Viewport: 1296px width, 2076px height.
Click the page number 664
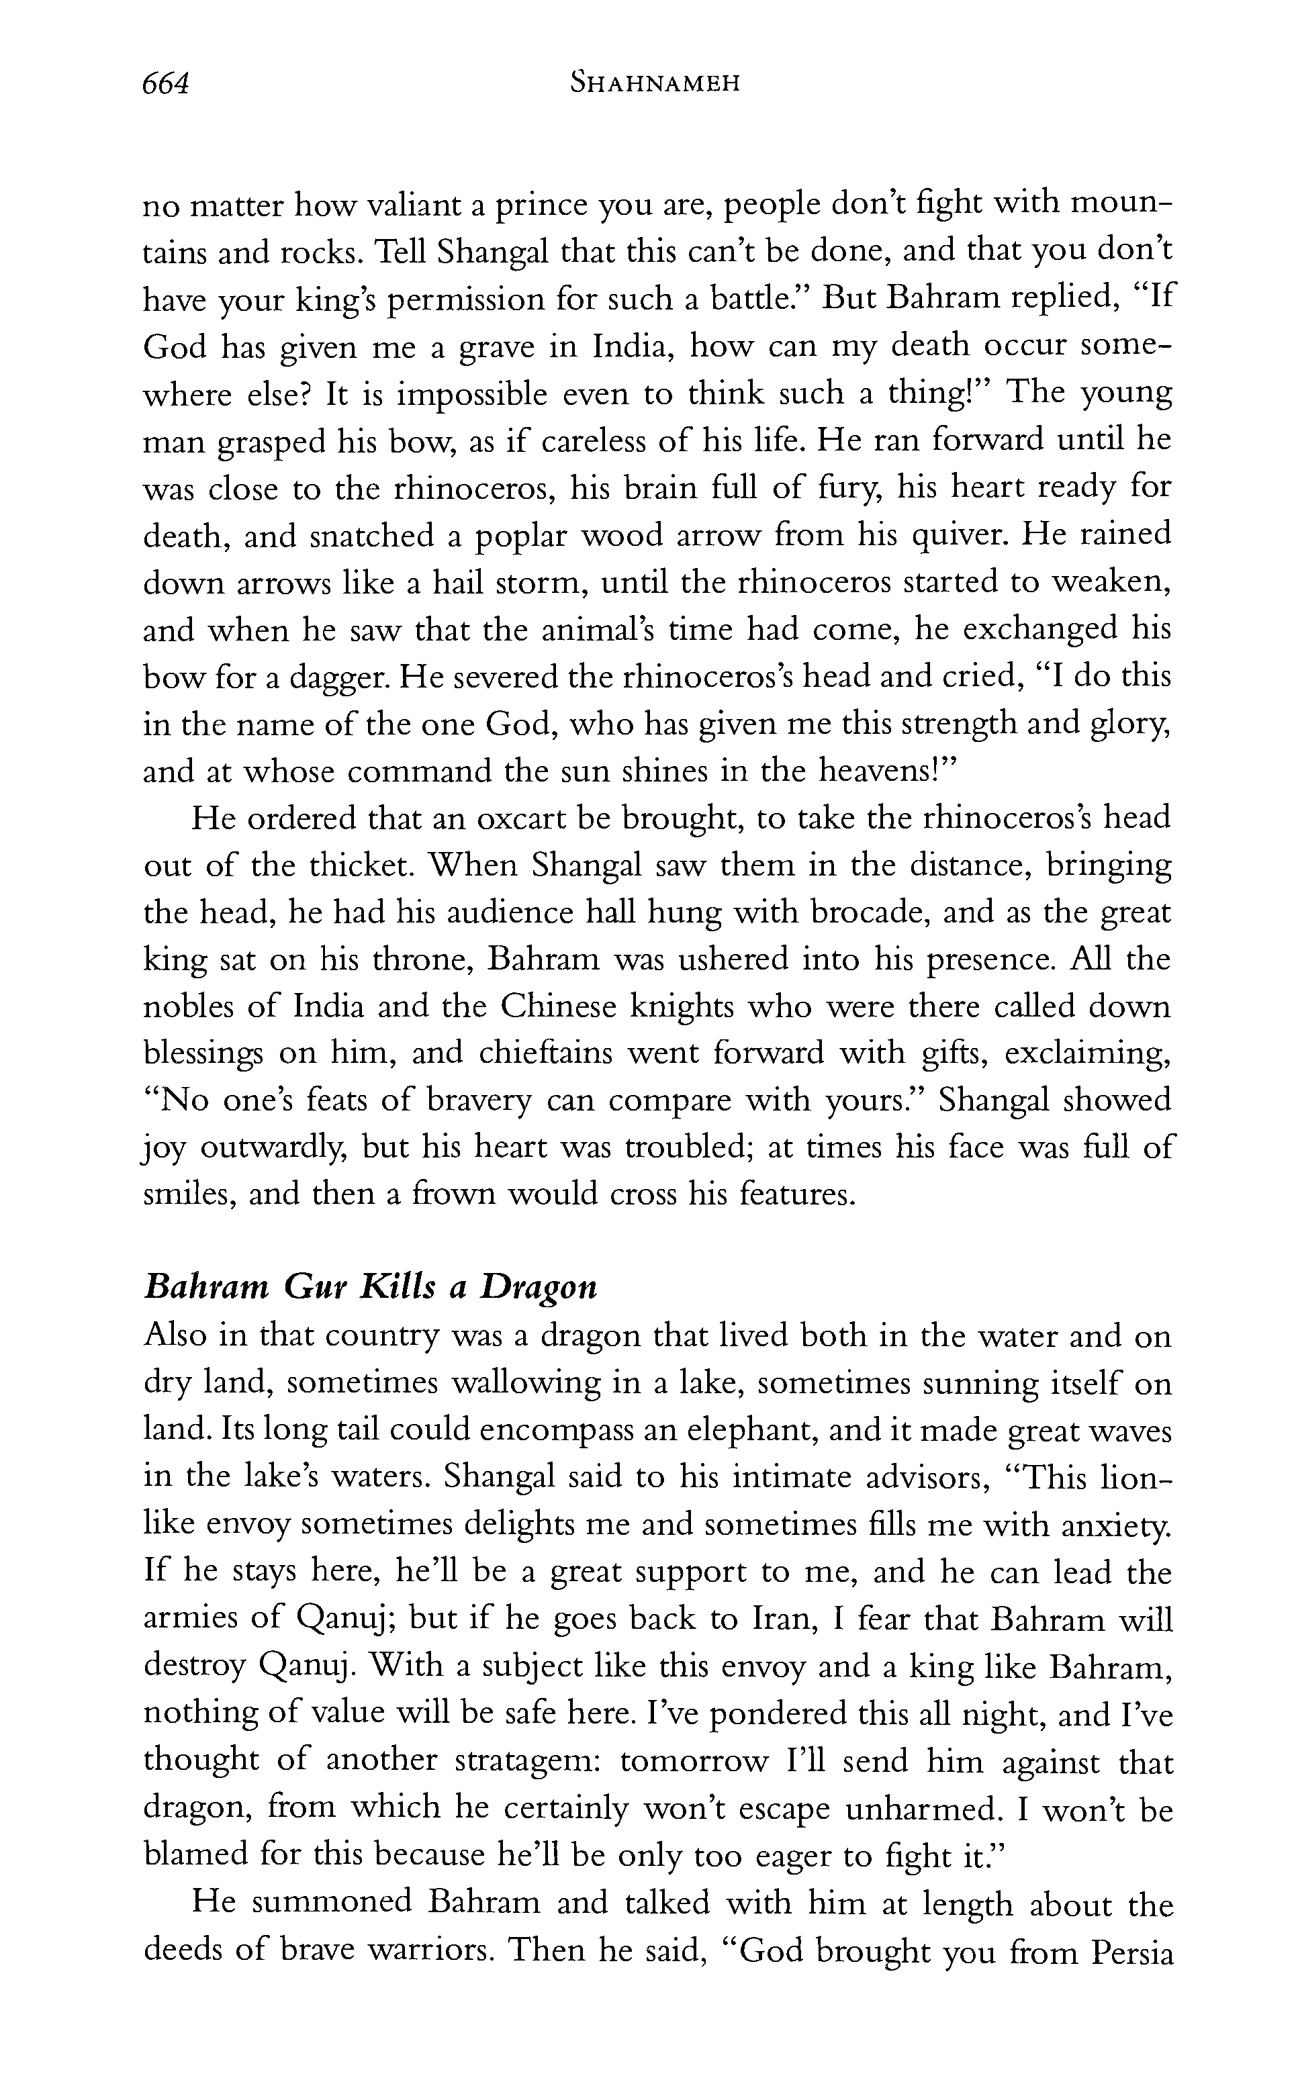coord(165,84)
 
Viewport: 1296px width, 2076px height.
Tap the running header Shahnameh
coord(655,84)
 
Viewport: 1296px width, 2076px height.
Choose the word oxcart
coord(521,818)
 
